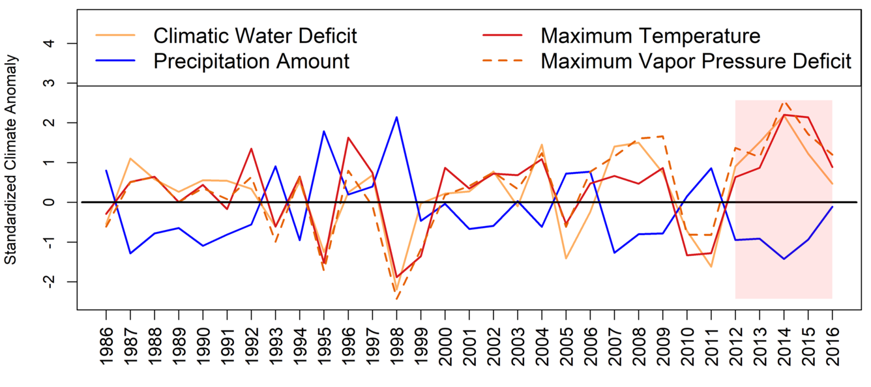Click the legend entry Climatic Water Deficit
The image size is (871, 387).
pos(255,35)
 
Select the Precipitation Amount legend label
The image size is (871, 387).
pos(252,61)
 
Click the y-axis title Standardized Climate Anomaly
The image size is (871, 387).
pos(11,160)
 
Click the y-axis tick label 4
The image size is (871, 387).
pos(68,44)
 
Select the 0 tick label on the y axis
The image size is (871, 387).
pos(68,202)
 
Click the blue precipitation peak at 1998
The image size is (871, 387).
pos(396,117)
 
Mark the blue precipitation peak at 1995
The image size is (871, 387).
pos(323,132)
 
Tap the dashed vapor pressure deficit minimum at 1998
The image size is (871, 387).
pos(396,299)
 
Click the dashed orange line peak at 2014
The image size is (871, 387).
pos(784,102)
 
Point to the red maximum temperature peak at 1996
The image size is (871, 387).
pos(348,137)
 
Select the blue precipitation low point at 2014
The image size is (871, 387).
pos(784,259)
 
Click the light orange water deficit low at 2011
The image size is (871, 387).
pos(711,266)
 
